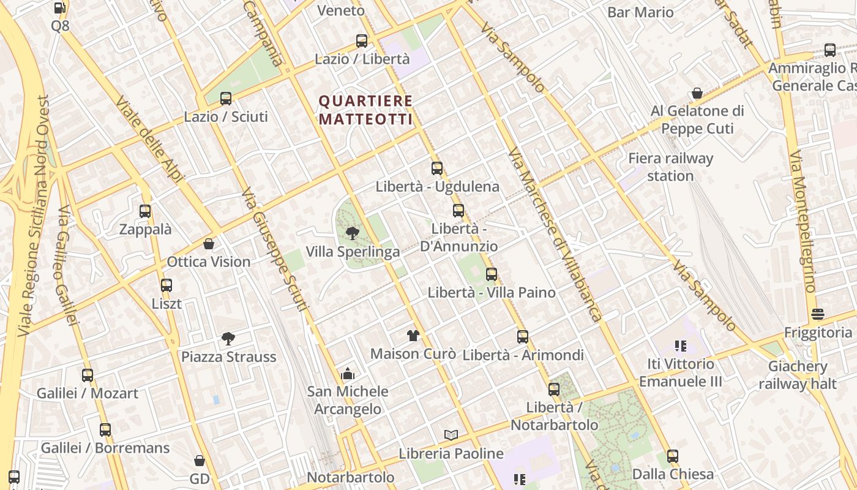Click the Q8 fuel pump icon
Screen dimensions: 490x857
point(60,8)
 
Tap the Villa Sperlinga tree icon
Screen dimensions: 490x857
point(352,233)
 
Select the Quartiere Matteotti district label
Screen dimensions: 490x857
point(366,110)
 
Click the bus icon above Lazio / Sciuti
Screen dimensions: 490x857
point(226,98)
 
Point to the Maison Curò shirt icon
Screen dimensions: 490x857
point(413,335)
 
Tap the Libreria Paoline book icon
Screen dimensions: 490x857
point(451,435)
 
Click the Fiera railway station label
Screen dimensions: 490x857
point(670,167)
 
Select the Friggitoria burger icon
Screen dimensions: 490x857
point(818,314)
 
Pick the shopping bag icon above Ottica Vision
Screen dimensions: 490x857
point(209,244)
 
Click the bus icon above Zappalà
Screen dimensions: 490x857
point(145,211)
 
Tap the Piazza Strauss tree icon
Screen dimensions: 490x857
point(228,338)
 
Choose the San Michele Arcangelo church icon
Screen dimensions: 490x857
point(348,373)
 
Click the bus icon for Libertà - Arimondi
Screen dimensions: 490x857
point(523,336)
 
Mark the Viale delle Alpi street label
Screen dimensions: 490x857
point(150,140)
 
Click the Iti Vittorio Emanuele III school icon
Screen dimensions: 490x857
point(680,346)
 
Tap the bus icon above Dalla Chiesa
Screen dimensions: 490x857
point(673,456)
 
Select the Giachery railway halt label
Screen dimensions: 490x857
point(798,375)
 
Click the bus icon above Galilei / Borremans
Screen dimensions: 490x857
point(105,430)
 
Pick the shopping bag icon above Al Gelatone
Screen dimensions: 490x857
point(697,93)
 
